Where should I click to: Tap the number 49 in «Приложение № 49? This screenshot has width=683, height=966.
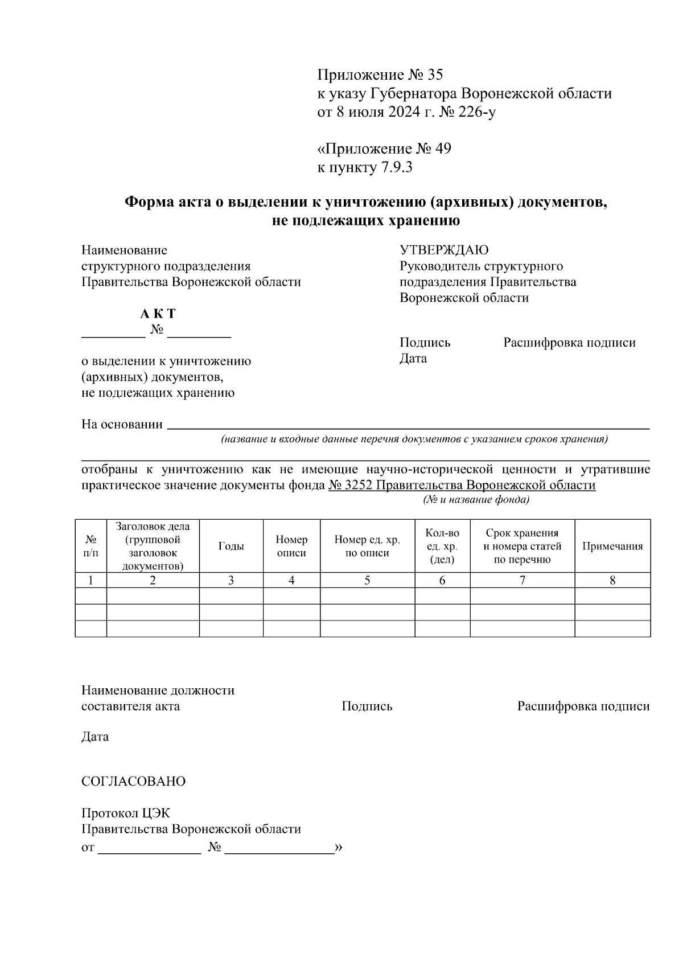click(x=442, y=149)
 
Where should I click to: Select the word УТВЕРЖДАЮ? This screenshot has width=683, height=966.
click(x=444, y=250)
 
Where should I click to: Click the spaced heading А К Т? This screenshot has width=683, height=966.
click(x=158, y=314)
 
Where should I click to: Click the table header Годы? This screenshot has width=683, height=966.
click(x=231, y=546)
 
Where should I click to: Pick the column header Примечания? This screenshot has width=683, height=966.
click(x=612, y=546)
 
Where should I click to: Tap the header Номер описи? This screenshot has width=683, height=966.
click(x=291, y=546)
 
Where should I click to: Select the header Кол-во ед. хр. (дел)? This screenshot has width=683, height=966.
click(x=442, y=546)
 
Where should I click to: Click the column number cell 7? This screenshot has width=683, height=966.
click(x=522, y=580)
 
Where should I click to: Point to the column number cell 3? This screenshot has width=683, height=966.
click(x=231, y=580)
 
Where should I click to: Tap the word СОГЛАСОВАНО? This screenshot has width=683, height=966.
click(x=133, y=781)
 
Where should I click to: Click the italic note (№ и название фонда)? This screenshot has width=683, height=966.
click(x=476, y=500)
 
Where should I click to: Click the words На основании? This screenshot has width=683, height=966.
click(x=122, y=425)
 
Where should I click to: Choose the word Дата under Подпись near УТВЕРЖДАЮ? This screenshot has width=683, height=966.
click(x=413, y=359)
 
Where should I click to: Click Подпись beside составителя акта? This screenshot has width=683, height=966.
click(x=367, y=706)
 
